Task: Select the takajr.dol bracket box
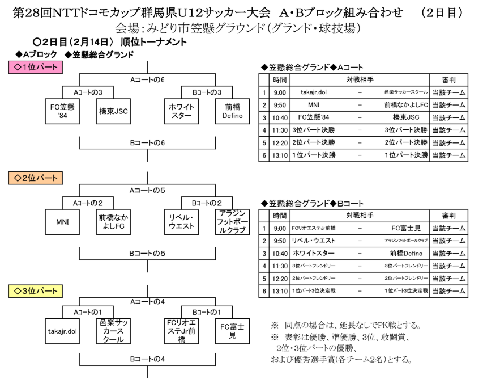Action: coord(62,331)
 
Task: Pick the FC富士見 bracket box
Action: coord(233,331)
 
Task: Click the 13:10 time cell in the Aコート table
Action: coord(279,155)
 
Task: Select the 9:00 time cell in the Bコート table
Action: coord(279,229)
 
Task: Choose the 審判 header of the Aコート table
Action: coord(449,80)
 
